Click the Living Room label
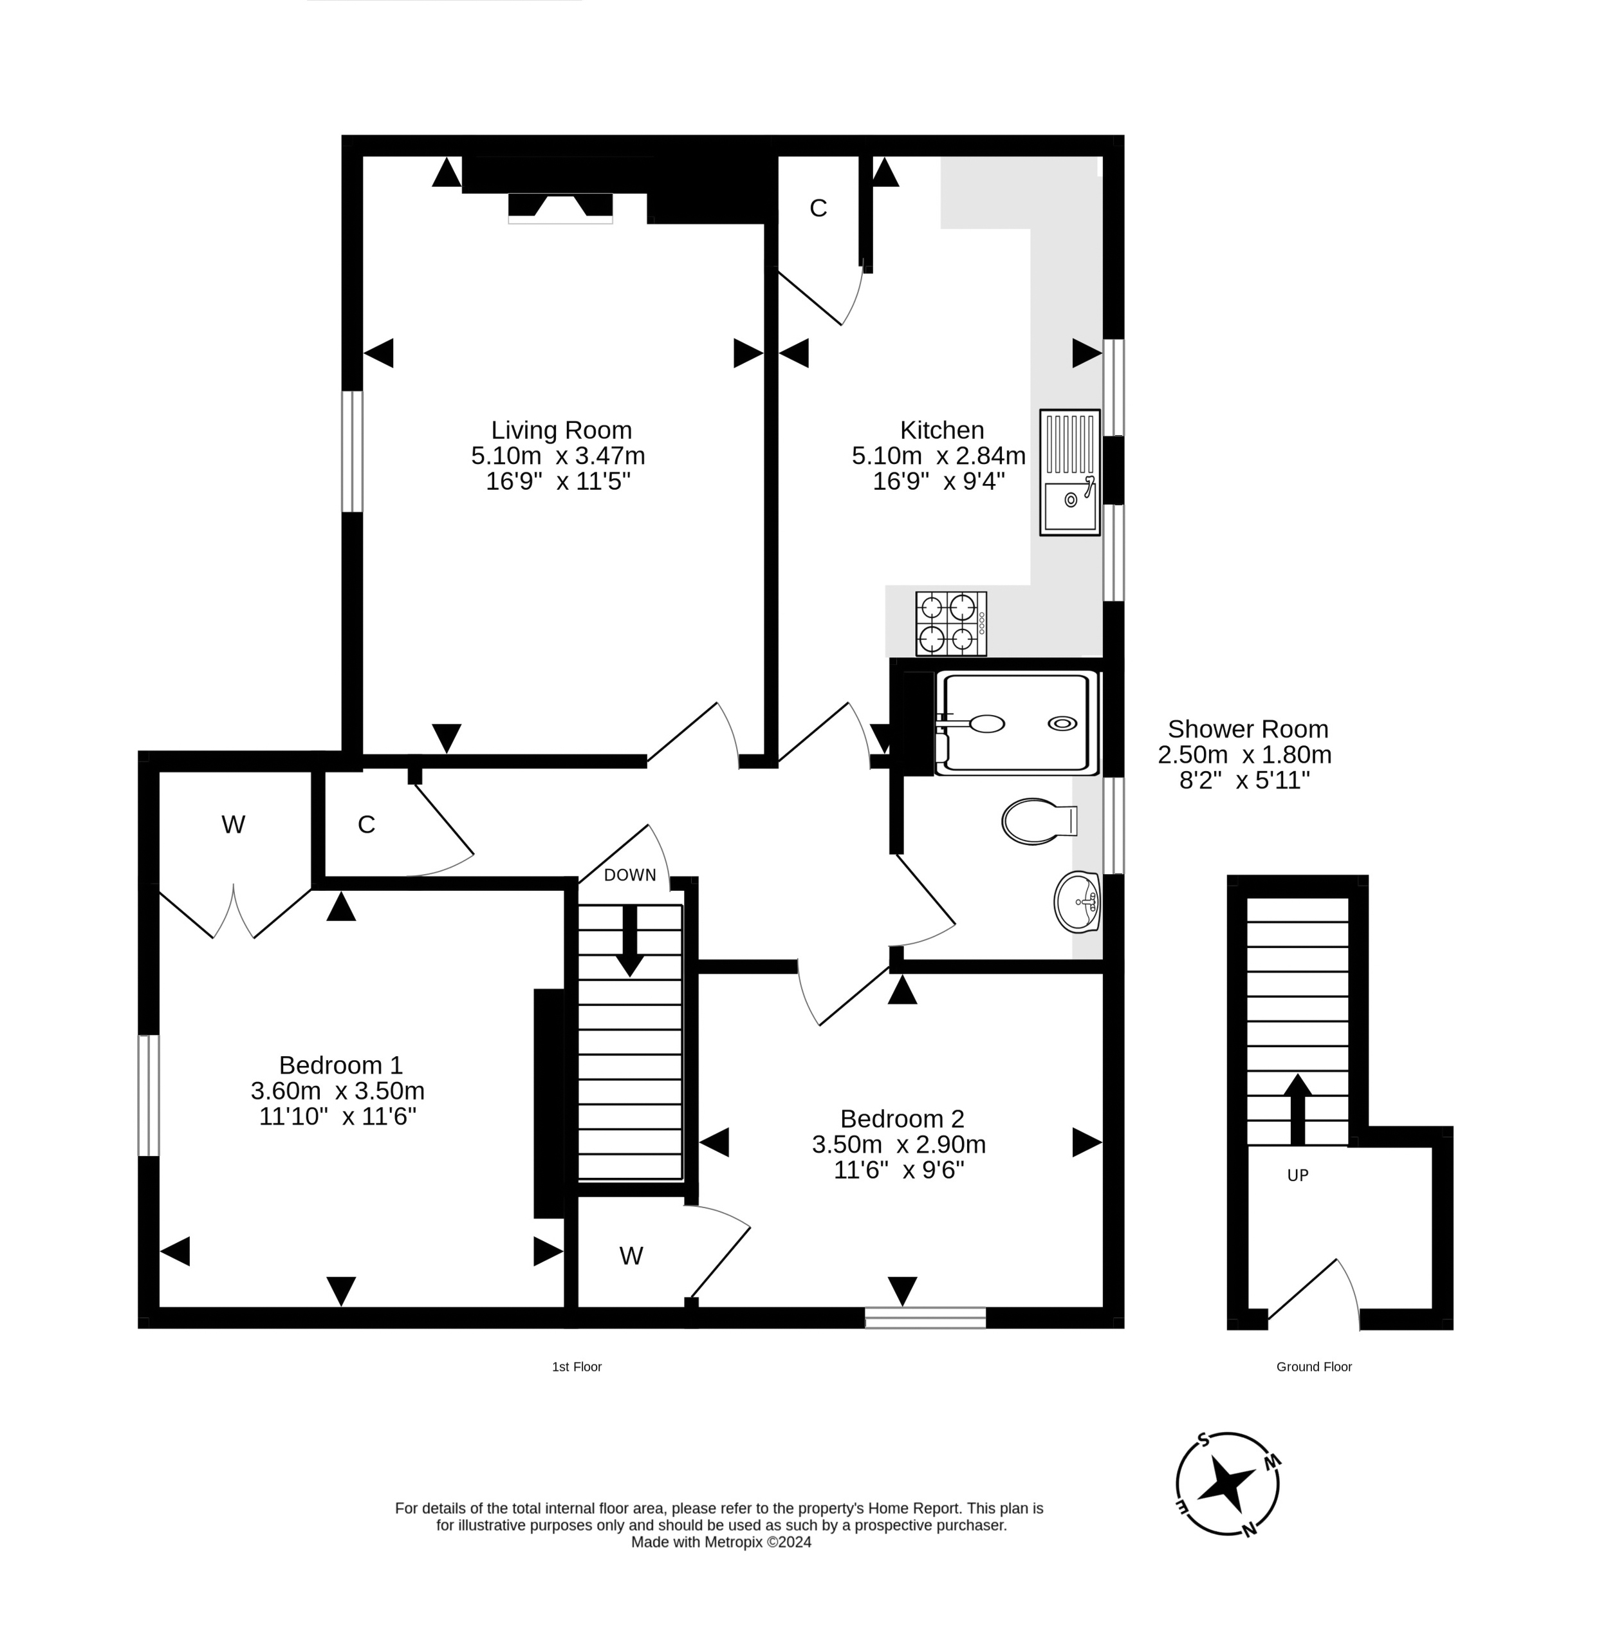561,430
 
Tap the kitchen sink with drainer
1069,472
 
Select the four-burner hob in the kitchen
950,623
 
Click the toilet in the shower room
1038,821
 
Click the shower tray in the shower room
1016,722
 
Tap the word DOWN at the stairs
630,875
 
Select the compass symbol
1228,1484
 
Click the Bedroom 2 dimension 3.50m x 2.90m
899,1144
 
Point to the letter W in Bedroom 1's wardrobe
234,825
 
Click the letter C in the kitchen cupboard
818,209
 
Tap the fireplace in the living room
560,207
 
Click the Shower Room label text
1247,729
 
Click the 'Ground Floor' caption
1313,1366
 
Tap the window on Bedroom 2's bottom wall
925,1318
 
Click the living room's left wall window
352,451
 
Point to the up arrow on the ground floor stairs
1297,1107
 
